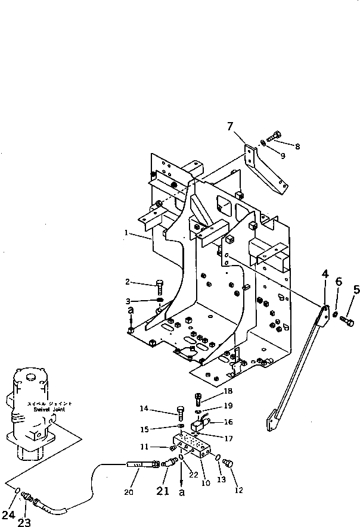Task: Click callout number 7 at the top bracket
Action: click(x=230, y=126)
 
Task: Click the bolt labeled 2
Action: click(x=159, y=286)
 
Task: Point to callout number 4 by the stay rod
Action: click(x=325, y=274)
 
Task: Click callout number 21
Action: click(x=163, y=491)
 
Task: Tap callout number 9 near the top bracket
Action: click(x=283, y=155)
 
